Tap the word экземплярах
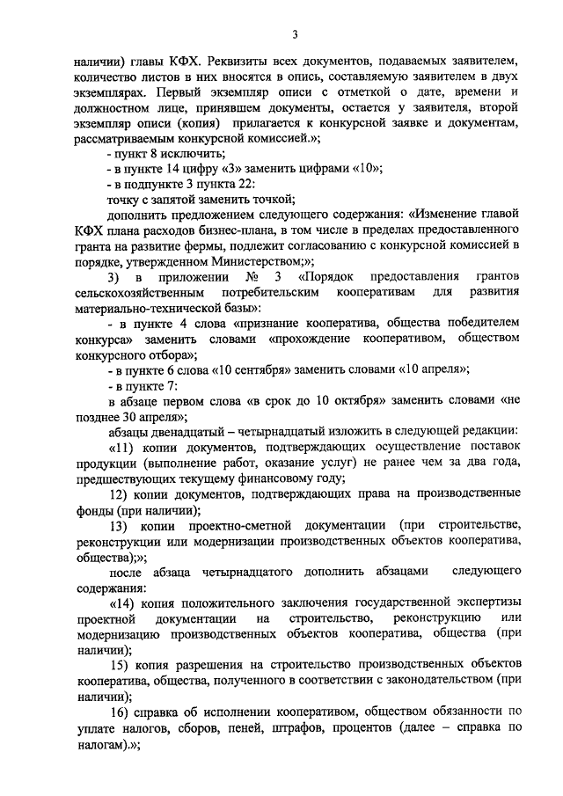(x=113, y=91)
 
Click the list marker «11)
(x=125, y=448)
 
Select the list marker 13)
(x=123, y=525)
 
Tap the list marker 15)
(x=123, y=664)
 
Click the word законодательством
(x=420, y=680)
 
